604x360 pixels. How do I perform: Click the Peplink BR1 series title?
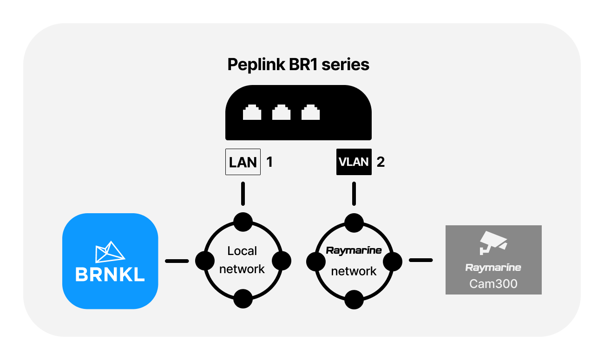[x=298, y=65]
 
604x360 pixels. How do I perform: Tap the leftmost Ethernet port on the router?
[x=252, y=112]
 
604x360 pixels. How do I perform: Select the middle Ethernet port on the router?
[x=281, y=112]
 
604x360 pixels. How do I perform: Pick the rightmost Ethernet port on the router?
[x=311, y=112]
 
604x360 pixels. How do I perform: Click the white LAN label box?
[x=243, y=162]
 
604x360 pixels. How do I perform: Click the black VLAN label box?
[x=354, y=162]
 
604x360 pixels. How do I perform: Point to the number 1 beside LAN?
[x=269, y=162]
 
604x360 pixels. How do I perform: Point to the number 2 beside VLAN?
[x=381, y=162]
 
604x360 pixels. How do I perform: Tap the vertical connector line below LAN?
[x=243, y=194]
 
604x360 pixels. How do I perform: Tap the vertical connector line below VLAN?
[x=354, y=194]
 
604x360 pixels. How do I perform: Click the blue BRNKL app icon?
[x=110, y=261]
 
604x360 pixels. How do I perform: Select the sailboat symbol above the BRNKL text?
[x=110, y=252]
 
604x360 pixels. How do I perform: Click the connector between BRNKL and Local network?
[x=177, y=261]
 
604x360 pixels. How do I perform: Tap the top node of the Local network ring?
[x=243, y=222]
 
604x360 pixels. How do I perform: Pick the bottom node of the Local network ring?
[x=243, y=299]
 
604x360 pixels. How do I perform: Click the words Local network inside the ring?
[x=242, y=260]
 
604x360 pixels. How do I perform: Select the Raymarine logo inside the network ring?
[x=354, y=251]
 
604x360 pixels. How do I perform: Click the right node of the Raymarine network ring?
[x=393, y=262]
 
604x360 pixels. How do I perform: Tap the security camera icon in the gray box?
[x=493, y=242]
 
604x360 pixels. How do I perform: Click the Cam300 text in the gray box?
[x=493, y=284]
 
